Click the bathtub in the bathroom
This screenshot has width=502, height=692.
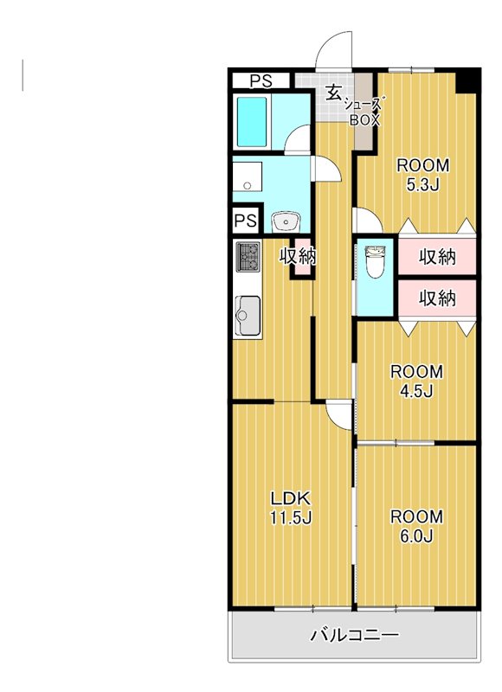(252, 122)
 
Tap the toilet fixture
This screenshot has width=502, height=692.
(375, 262)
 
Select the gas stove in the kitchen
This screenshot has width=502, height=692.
(248, 256)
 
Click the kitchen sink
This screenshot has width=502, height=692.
(248, 316)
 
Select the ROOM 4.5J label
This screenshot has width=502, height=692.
(416, 381)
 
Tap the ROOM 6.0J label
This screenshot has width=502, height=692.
(416, 526)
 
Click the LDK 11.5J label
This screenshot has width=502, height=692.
(291, 508)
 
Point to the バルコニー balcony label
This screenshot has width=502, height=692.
(355, 635)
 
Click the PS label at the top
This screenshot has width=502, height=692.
(261, 81)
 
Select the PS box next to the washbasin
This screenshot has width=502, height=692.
(246, 220)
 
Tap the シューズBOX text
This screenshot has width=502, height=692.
(364, 112)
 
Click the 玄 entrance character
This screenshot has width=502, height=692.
(333, 93)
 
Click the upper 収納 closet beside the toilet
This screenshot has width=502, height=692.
(437, 256)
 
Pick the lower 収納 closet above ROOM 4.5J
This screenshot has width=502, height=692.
(437, 298)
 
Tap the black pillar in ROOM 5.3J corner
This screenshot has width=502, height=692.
(467, 81)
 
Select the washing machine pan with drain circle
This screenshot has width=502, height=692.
(248, 177)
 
